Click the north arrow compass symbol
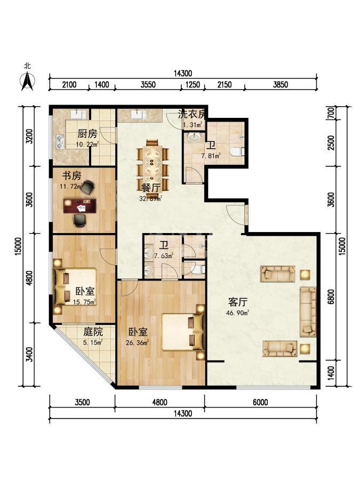[27, 80]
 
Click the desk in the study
[79, 205]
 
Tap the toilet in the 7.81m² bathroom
[237, 152]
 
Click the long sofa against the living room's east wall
[308, 312]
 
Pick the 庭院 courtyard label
[92, 331]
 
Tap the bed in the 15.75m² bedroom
[75, 287]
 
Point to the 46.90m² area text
[240, 313]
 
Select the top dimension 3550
[148, 84]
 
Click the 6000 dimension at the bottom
[260, 403]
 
